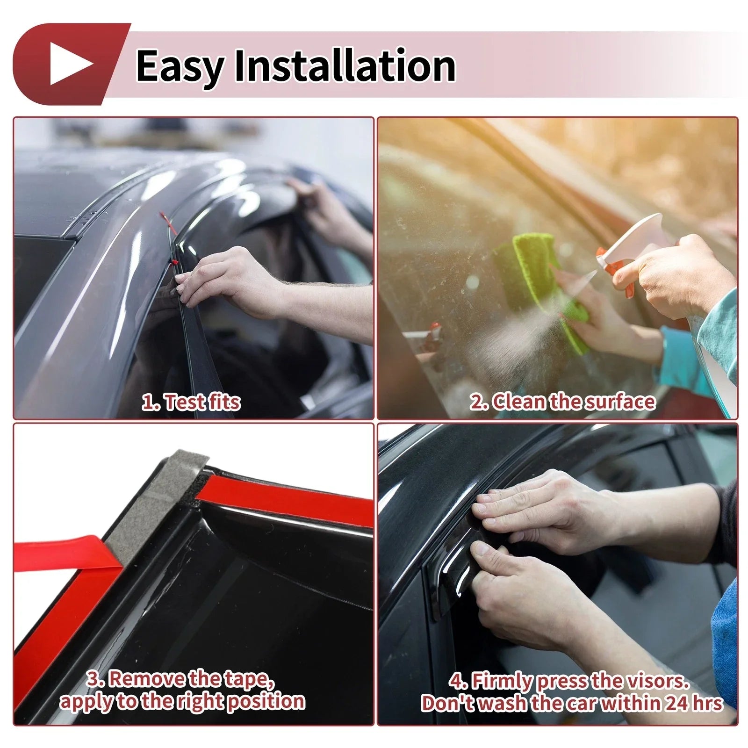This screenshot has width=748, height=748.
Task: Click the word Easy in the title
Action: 180,67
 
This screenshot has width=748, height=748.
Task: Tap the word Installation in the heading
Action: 345,65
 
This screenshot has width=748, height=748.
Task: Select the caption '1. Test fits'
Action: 191,402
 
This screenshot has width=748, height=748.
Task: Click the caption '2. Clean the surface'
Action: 562,402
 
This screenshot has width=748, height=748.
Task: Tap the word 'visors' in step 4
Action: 658,681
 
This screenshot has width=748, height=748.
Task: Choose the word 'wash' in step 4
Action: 503,703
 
